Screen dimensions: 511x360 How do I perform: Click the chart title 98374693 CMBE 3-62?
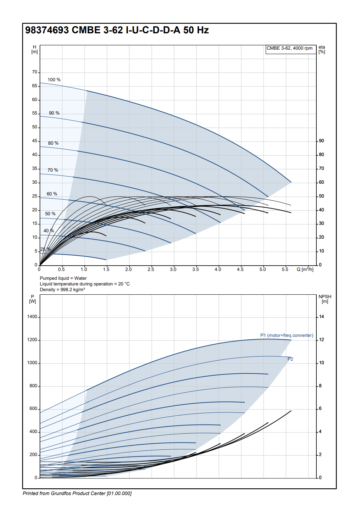(117, 30)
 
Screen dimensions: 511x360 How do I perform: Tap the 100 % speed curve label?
(54, 80)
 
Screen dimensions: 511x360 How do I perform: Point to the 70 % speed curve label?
(53, 170)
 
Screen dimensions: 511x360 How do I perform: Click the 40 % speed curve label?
(49, 231)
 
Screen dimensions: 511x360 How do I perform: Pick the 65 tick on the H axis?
(35, 86)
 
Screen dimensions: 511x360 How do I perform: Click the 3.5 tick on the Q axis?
(195, 270)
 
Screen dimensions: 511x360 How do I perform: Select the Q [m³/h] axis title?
(305, 270)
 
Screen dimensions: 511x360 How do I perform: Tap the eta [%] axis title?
(322, 49)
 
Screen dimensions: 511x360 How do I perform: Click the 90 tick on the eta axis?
(321, 141)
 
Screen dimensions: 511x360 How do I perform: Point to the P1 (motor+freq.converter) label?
(287, 335)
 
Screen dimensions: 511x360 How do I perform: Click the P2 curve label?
(290, 359)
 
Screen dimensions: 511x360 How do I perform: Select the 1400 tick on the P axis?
(32, 317)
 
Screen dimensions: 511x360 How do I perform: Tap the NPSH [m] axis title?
(325, 299)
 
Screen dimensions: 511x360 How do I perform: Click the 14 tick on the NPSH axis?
(321, 317)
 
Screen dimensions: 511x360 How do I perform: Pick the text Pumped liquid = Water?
(63, 278)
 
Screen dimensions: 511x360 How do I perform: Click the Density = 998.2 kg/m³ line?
(62, 290)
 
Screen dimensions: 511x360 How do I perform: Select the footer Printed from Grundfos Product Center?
(77, 493)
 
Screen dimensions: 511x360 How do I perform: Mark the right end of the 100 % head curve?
(291, 182)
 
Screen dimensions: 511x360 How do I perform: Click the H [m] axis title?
(34, 49)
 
